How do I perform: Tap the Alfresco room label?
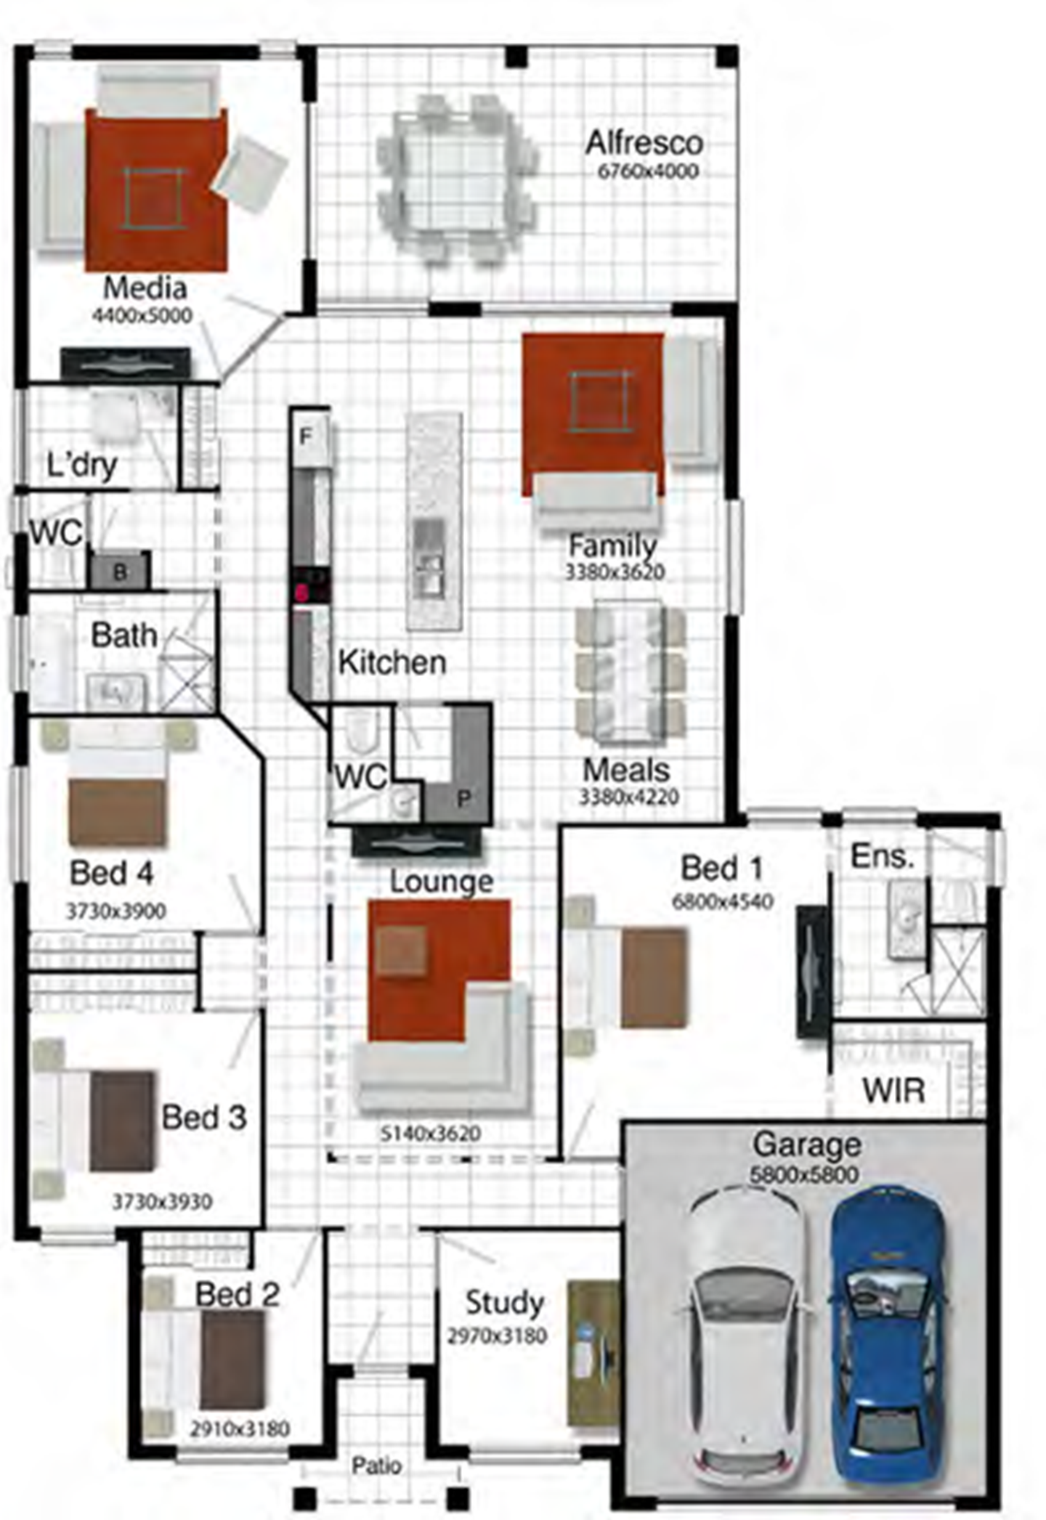[x=644, y=143]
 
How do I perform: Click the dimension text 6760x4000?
[x=648, y=171]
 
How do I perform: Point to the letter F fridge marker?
[x=306, y=436]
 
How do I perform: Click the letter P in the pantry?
[x=463, y=799]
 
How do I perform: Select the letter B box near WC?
[x=121, y=572]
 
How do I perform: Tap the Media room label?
[x=145, y=288]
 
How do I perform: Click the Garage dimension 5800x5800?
[x=804, y=1174]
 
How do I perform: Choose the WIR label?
[x=893, y=1091]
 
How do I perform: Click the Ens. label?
[x=882, y=856]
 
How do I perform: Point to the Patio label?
[x=376, y=1466]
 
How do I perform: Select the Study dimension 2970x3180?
[x=497, y=1336]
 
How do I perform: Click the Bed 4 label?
[x=112, y=873]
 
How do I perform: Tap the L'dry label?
[x=81, y=465]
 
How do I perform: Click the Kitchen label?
[x=392, y=662]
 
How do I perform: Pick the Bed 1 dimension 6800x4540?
[x=723, y=901]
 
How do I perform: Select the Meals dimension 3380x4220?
[x=629, y=797]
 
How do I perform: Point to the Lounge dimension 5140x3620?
[x=431, y=1133]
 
